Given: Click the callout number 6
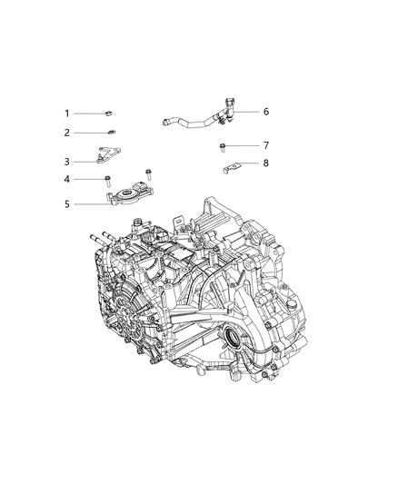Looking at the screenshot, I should [266, 112].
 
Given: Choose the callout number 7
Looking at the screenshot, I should [266, 145].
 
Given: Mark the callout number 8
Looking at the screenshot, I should [266, 163].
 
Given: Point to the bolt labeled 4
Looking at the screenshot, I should [107, 178].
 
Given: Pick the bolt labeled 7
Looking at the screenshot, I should [223, 145].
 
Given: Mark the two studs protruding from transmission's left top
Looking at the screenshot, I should [100, 242].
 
